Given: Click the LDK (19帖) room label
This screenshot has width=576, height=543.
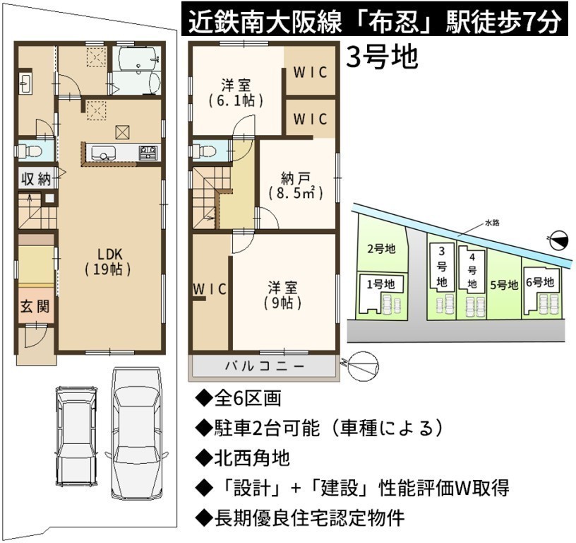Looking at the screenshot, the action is (x=108, y=262).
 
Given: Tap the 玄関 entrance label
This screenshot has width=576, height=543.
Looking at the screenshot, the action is (x=35, y=306).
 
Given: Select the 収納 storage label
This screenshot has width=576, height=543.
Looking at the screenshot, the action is (x=35, y=179).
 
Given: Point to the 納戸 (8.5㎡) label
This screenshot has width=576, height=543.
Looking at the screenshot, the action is (x=296, y=186).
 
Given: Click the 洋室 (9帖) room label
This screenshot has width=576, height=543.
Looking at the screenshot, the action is (x=282, y=296).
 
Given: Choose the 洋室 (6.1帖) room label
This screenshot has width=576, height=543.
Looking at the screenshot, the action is (x=236, y=93).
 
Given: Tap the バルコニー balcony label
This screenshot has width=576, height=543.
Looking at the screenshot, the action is (x=265, y=366).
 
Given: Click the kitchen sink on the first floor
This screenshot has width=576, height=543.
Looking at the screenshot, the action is (x=103, y=153).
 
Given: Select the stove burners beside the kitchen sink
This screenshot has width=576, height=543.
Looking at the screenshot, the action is (x=148, y=153).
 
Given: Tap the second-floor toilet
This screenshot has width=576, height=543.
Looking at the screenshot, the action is (x=204, y=151).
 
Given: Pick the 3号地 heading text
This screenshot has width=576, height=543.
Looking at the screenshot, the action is (x=382, y=57).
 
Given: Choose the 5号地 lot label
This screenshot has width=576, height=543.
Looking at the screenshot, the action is (x=504, y=285).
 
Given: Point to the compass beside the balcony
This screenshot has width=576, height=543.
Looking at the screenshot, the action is (x=363, y=366).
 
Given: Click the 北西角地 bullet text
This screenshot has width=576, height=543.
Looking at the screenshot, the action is (x=243, y=458).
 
